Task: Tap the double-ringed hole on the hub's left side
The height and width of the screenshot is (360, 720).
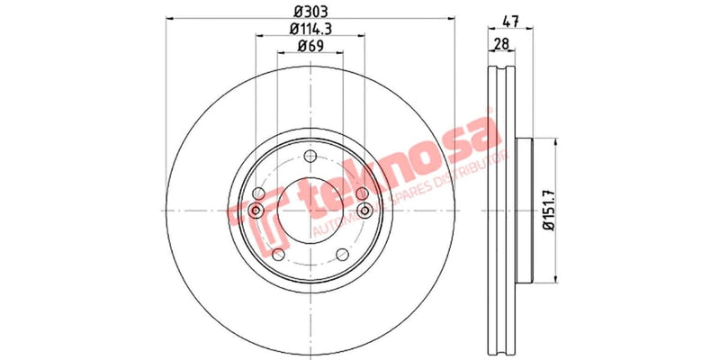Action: (256, 211)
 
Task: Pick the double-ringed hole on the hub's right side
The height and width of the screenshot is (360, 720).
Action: (364, 211)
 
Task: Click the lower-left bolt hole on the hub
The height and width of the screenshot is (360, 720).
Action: (278, 255)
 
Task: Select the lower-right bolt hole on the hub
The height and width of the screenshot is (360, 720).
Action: (343, 255)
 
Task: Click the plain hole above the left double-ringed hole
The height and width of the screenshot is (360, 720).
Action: (259, 193)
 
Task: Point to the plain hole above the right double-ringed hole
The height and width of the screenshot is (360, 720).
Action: (362, 193)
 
